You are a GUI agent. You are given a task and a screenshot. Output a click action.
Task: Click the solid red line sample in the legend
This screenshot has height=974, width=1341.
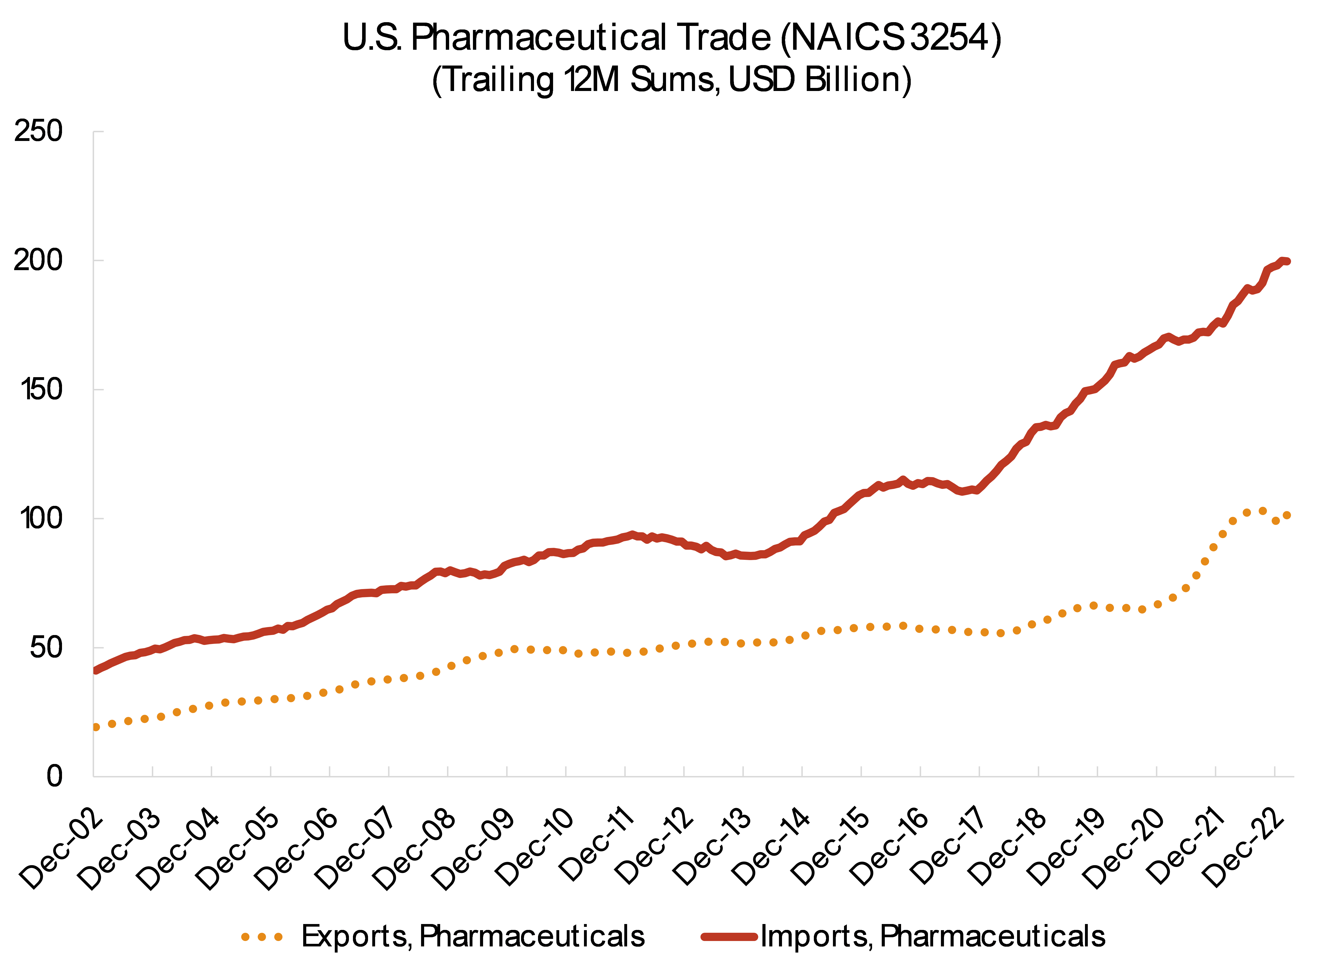click(729, 936)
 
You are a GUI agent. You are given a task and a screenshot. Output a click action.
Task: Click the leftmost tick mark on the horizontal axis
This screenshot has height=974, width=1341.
click(153, 771)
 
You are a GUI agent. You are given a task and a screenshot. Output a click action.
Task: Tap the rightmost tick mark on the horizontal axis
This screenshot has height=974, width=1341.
click(1274, 771)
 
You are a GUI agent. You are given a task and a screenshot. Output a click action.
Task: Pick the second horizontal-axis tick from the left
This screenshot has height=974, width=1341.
click(212, 771)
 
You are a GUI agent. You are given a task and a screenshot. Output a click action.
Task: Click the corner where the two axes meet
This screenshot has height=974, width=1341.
click(93, 776)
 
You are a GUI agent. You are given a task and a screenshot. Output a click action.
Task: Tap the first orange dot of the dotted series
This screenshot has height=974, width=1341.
click(96, 727)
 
